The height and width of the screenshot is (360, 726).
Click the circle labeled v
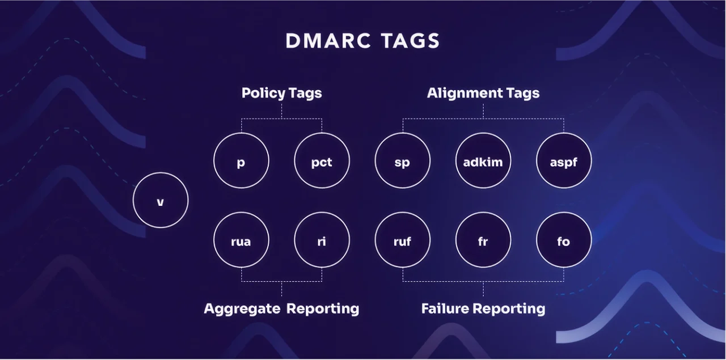161,200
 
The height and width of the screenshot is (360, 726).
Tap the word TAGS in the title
410,41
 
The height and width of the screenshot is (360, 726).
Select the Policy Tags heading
281,93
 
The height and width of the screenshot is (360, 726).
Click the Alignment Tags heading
483,93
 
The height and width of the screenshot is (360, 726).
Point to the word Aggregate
242,309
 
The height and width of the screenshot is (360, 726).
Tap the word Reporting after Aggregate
323,309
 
